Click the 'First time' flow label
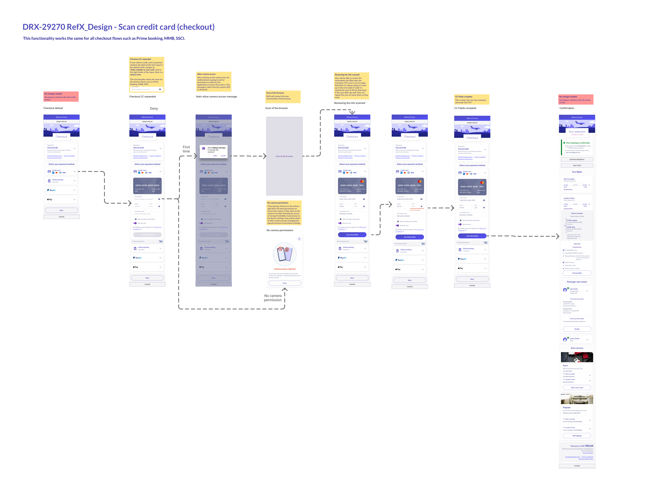[x=186, y=149]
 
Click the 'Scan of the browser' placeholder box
[x=284, y=156]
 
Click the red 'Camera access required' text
[x=285, y=269]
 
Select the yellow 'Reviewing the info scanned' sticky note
[x=351, y=86]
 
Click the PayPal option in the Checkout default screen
[x=61, y=190]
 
